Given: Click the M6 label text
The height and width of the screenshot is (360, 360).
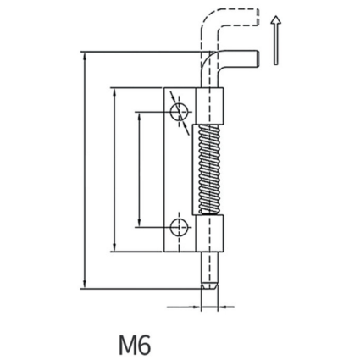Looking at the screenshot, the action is (x=135, y=344).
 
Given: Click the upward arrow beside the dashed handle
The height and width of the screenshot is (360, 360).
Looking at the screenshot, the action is (x=276, y=41).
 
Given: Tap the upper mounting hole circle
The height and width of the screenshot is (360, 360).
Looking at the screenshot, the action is (x=180, y=112).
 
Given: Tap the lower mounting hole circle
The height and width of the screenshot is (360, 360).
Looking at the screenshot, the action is (x=180, y=227).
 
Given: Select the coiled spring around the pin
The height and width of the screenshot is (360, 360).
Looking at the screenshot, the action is (x=209, y=169).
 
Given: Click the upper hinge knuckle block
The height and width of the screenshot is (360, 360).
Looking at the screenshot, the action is (x=210, y=106).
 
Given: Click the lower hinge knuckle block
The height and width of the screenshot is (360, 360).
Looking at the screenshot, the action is (x=210, y=233).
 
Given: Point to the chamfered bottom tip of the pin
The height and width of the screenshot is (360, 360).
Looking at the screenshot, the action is (x=209, y=285).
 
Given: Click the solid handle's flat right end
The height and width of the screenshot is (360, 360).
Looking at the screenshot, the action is (x=257, y=58).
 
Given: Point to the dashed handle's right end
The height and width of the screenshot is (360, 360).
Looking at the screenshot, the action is (x=257, y=18).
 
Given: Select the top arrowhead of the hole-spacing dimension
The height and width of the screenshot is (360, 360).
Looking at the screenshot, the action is (x=139, y=116).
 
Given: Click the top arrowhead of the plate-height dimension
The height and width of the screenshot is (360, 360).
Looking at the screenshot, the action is (x=114, y=92).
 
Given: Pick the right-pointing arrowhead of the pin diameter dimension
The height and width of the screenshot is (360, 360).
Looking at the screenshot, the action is (x=197, y=307).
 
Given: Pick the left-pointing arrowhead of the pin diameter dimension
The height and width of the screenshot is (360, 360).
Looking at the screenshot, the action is (x=223, y=307).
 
